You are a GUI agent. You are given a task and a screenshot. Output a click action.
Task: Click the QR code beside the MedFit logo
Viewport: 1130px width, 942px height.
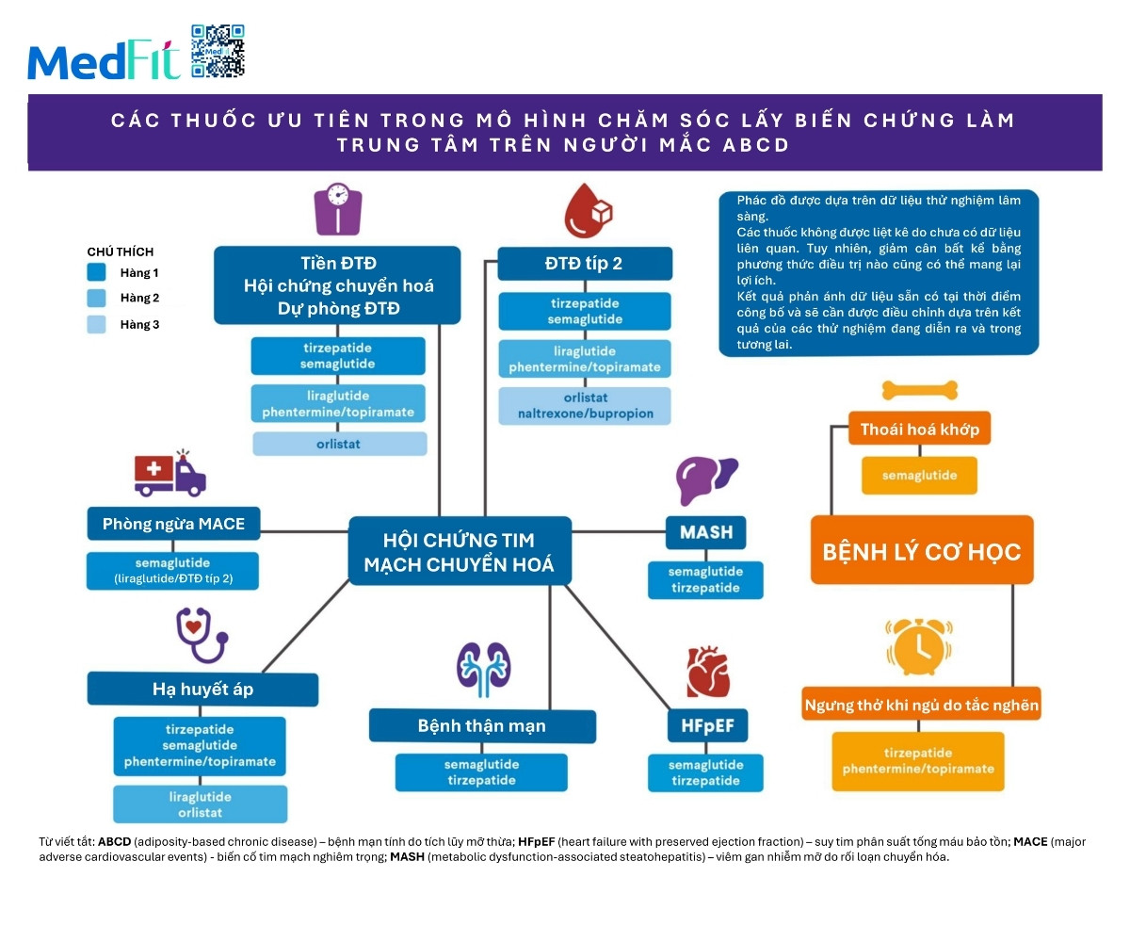(x=218, y=51)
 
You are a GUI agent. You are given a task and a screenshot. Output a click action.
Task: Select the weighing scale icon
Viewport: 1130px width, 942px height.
(x=338, y=209)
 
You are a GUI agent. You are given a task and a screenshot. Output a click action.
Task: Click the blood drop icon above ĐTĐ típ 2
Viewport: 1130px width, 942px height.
(x=587, y=210)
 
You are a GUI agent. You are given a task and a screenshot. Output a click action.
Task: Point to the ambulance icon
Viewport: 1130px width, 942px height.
(x=169, y=473)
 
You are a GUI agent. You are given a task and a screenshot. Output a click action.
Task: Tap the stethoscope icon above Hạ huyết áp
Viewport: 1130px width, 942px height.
(x=202, y=634)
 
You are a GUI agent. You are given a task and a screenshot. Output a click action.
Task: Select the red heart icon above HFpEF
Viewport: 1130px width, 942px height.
(x=707, y=670)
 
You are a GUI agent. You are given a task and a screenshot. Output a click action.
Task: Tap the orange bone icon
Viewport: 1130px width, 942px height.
(x=920, y=389)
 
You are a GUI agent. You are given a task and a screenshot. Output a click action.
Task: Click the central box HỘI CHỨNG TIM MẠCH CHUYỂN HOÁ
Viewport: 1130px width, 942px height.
(x=460, y=552)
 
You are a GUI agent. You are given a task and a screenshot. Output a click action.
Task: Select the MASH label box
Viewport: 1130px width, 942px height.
(x=706, y=533)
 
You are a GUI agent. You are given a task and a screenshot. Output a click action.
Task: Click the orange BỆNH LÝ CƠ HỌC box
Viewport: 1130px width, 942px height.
(x=922, y=550)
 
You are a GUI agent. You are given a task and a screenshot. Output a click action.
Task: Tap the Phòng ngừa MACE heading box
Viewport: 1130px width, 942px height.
(x=173, y=525)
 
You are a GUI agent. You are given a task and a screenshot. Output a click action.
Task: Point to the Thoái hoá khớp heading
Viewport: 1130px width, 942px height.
(x=920, y=430)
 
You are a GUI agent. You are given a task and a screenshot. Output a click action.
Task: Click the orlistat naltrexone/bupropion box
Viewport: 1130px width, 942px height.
(x=585, y=406)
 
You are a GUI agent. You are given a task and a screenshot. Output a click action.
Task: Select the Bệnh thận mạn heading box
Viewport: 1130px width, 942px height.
(x=482, y=726)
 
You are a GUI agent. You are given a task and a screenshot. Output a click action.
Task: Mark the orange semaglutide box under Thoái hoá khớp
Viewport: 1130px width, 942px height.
(x=920, y=476)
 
